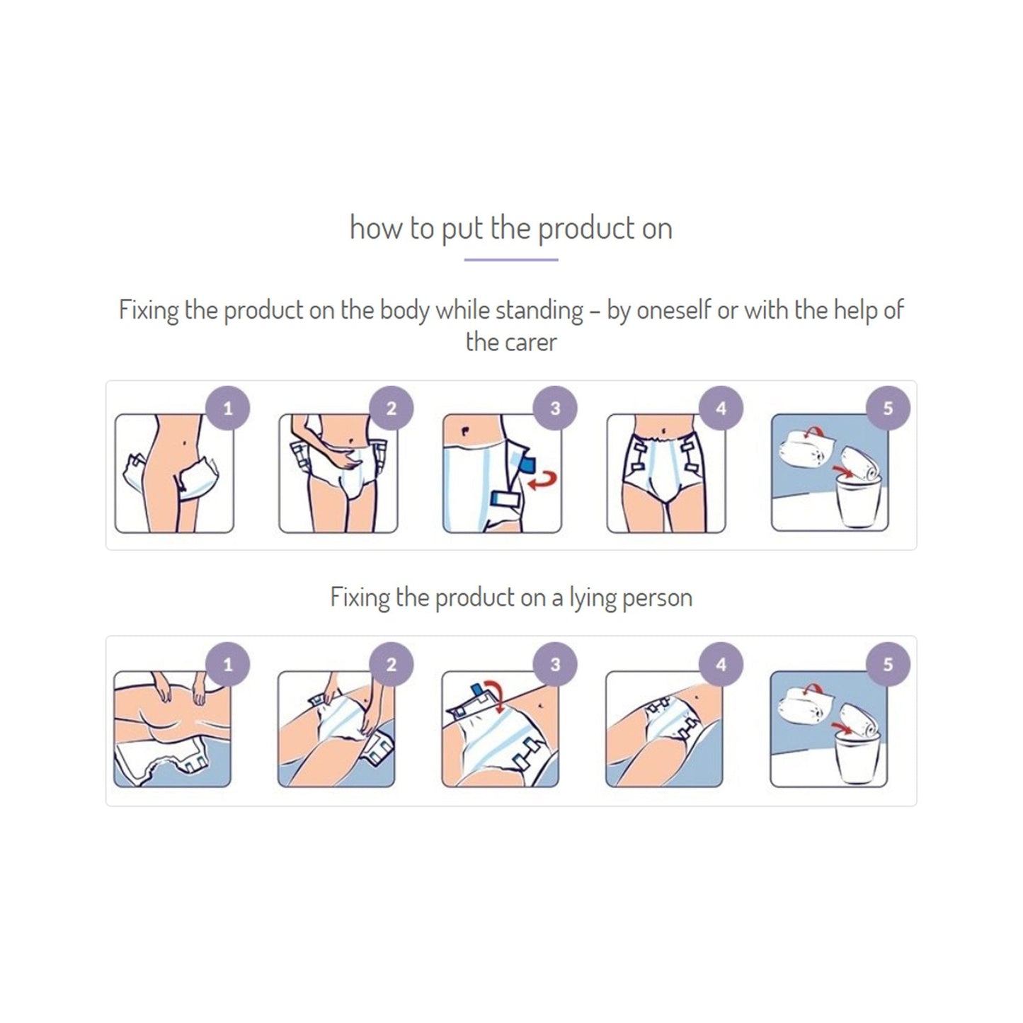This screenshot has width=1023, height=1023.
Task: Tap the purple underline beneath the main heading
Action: (x=510, y=260)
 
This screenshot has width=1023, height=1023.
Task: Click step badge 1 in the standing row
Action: (x=227, y=408)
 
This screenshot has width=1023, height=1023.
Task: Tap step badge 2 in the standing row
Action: (x=392, y=408)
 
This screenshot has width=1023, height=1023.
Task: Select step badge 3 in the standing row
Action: (x=555, y=408)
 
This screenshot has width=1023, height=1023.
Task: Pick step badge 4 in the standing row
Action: (x=721, y=408)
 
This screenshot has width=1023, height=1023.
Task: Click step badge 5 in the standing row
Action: (x=888, y=408)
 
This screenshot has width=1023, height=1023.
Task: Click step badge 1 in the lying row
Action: (x=227, y=665)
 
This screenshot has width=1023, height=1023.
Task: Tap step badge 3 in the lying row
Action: (x=555, y=665)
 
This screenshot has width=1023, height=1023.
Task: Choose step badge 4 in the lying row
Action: (x=721, y=665)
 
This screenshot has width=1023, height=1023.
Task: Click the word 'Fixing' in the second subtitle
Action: (x=360, y=598)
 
